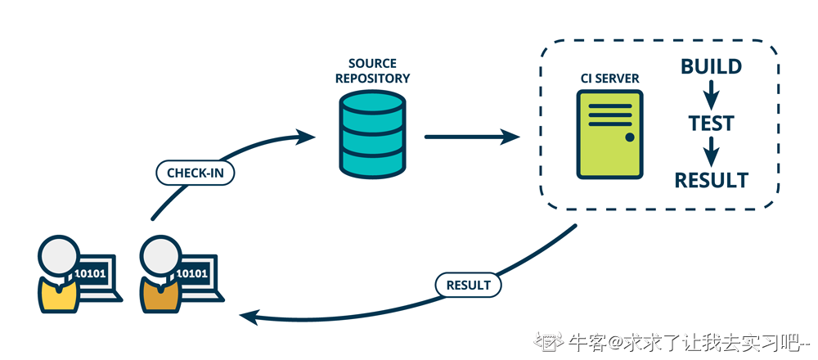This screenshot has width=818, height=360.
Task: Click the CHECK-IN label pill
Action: coord(195,173)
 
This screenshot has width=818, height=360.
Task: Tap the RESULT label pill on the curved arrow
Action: coord(468,286)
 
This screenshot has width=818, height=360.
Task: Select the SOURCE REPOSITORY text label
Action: coord(372,71)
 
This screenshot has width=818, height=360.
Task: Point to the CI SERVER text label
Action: coord(609,79)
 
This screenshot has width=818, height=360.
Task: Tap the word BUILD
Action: coord(711,66)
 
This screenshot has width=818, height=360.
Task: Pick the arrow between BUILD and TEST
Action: coord(711,94)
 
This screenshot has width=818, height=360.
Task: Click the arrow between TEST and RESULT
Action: coord(711,151)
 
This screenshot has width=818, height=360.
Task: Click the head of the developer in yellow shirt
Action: coord(59,257)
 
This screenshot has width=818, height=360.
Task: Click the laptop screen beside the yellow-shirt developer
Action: coord(92,272)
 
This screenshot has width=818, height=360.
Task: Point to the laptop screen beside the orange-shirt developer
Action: coord(193,272)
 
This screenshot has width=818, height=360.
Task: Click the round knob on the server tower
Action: coord(629,137)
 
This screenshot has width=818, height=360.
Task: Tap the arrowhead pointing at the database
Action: coord(307,135)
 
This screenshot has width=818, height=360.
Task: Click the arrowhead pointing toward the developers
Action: coord(249,316)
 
